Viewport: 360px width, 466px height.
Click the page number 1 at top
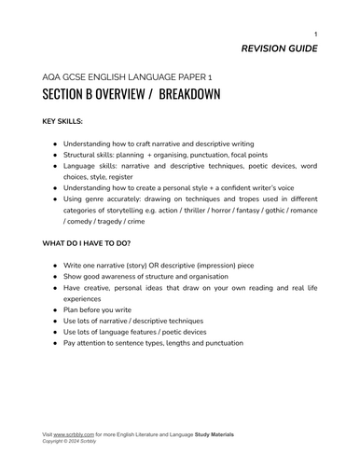315,34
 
